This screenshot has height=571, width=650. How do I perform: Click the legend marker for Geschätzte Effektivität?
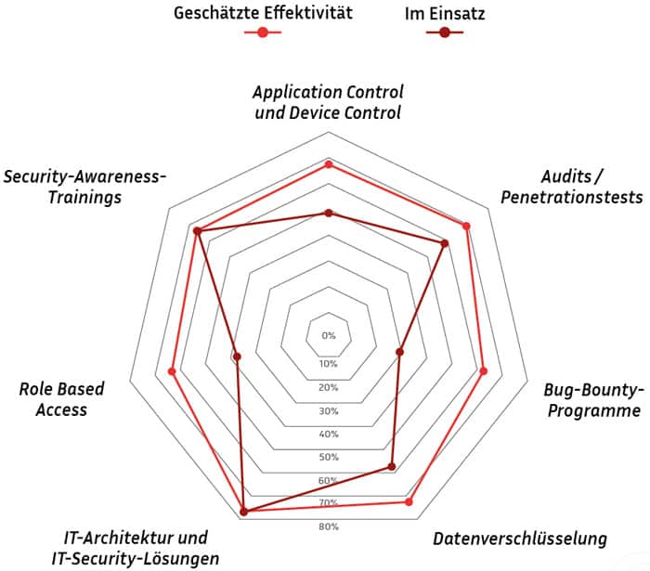click(x=263, y=32)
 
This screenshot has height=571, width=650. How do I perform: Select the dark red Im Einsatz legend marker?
click(x=445, y=32)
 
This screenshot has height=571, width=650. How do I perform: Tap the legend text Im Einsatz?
click(x=445, y=14)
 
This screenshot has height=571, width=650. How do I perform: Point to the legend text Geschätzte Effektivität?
click(x=263, y=13)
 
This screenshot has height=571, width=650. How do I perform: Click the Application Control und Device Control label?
click(x=328, y=102)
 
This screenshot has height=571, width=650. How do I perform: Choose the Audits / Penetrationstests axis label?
click(x=572, y=187)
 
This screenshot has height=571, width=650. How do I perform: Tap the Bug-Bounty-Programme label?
click(x=594, y=400)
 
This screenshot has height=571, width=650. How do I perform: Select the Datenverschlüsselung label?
click(x=520, y=539)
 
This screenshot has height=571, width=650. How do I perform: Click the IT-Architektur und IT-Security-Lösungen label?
click(x=136, y=548)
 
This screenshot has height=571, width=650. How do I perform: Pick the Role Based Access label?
click(x=62, y=399)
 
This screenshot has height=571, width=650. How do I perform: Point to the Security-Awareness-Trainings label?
click(x=84, y=187)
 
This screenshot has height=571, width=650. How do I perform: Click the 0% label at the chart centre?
click(x=329, y=335)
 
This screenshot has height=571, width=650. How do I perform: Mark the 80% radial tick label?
click(x=329, y=526)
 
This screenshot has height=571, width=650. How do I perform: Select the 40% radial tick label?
click(x=329, y=434)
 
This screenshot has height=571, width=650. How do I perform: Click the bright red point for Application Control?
click(x=329, y=164)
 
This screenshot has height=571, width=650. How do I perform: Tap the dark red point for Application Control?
click(x=329, y=214)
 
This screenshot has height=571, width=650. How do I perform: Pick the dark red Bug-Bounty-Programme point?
click(x=399, y=352)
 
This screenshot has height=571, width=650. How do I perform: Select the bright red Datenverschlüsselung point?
click(x=409, y=501)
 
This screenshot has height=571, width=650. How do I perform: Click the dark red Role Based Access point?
click(x=237, y=357)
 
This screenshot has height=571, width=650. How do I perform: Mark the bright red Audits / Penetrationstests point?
click(x=466, y=227)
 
